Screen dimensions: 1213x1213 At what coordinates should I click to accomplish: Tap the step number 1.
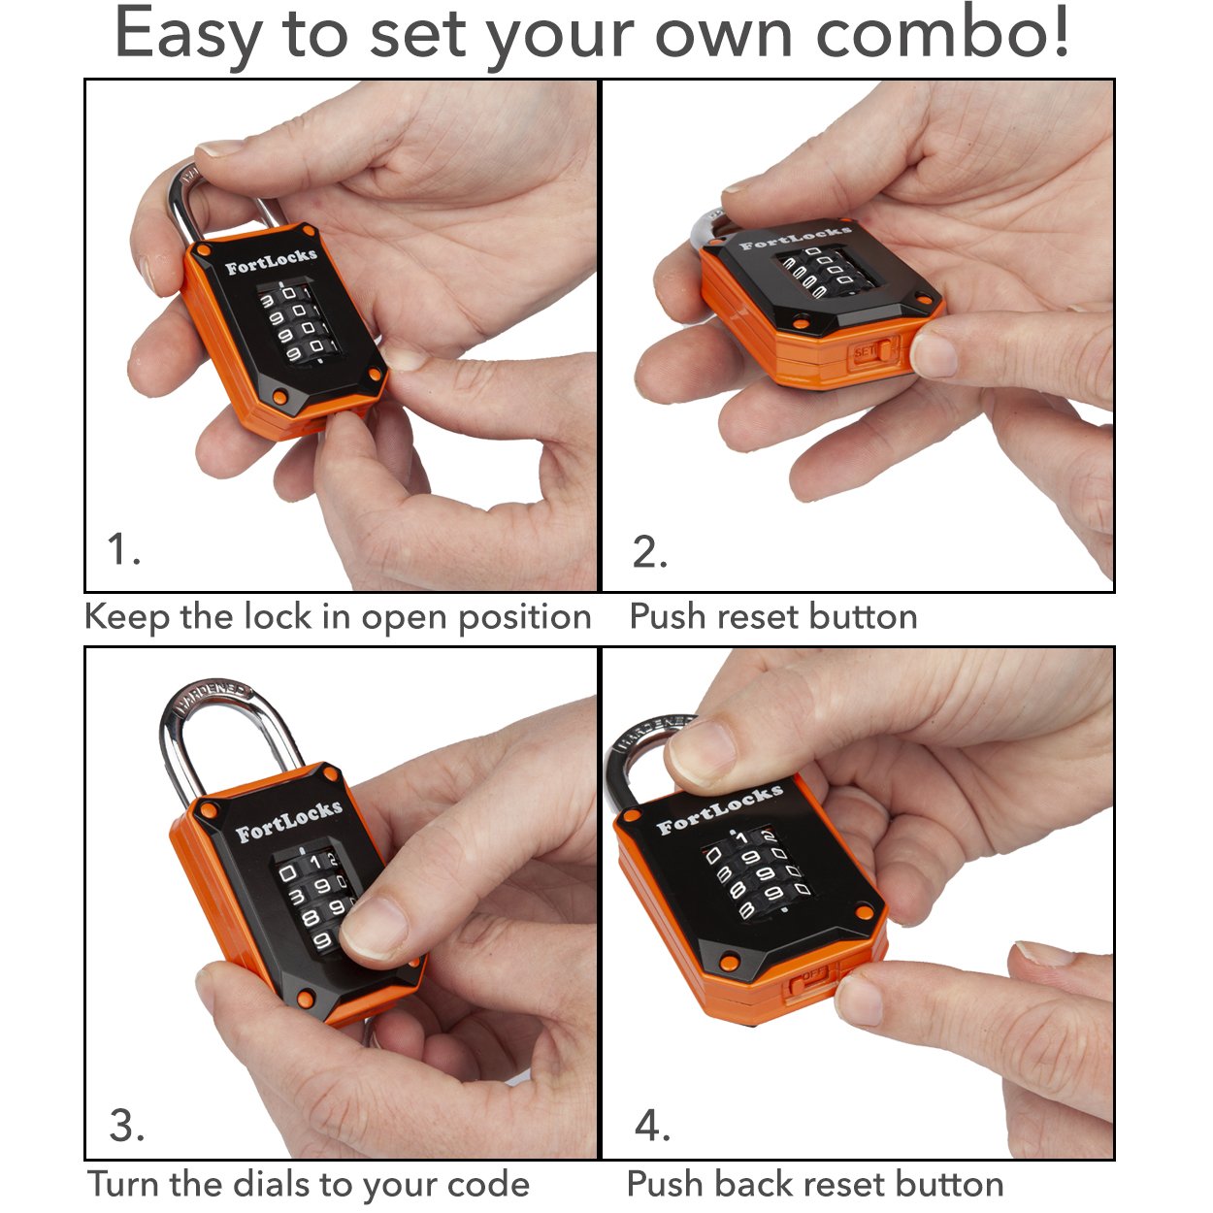pyautogui.click(x=123, y=549)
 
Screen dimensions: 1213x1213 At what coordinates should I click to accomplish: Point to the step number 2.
pyautogui.click(x=649, y=551)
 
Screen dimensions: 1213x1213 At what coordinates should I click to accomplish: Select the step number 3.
pyautogui.click(x=127, y=1126)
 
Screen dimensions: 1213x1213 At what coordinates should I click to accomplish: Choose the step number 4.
pyautogui.click(x=652, y=1126)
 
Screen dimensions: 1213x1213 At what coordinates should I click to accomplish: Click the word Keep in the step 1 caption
pyautogui.click(x=126, y=617)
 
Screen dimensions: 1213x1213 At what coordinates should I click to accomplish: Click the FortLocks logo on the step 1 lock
pyautogui.click(x=271, y=261)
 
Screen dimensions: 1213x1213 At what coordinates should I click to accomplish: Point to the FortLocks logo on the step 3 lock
pyautogui.click(x=288, y=820)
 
